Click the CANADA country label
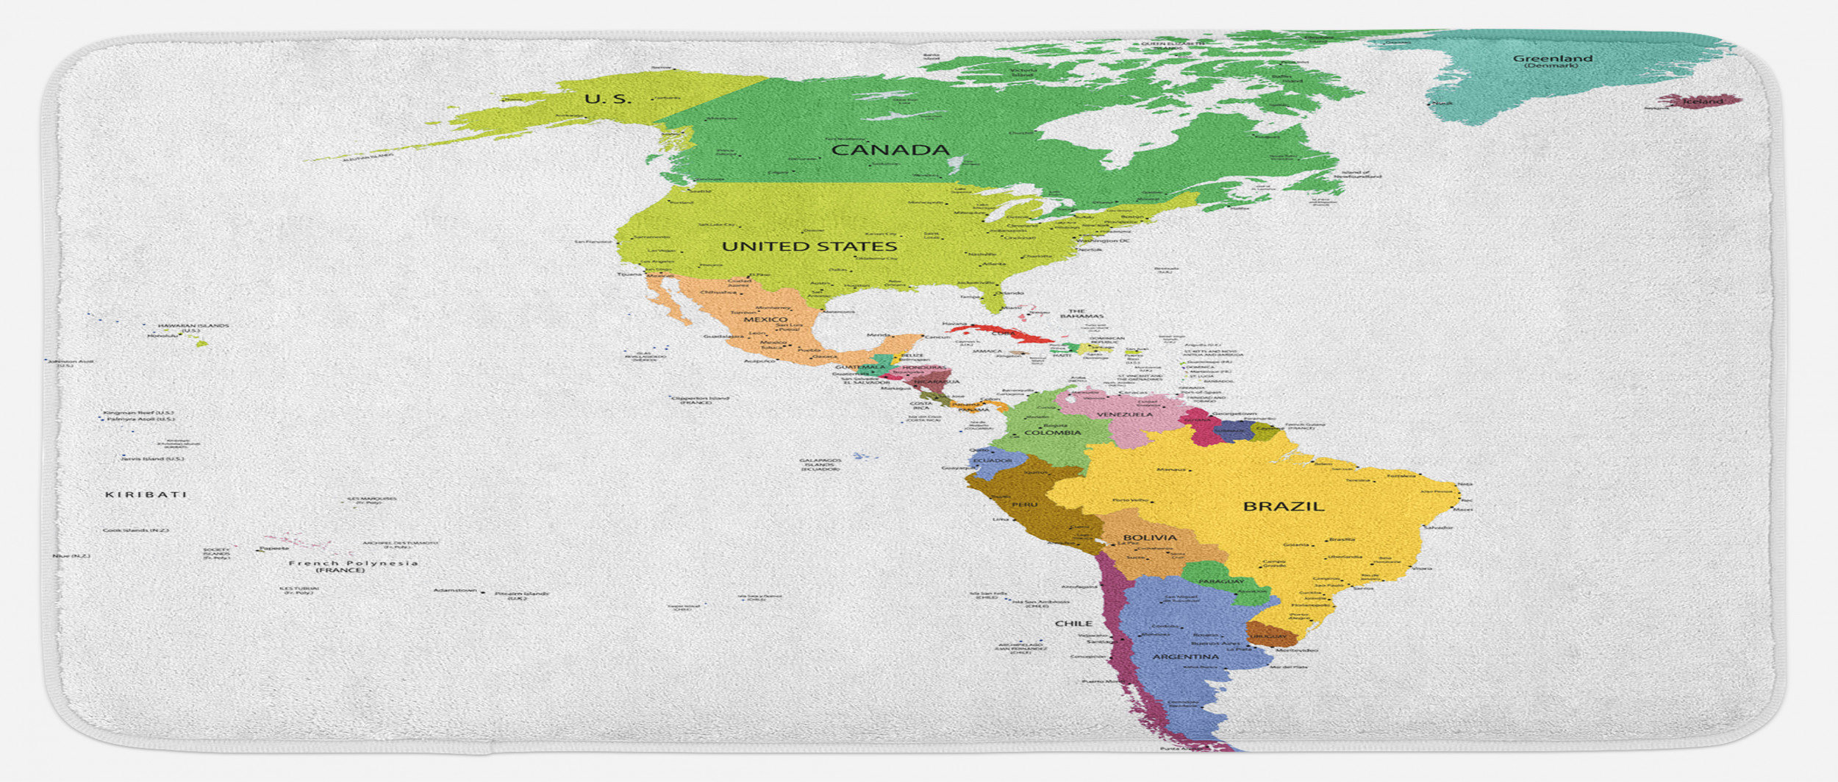[x=890, y=150]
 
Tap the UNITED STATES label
[x=809, y=246]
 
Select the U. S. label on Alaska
[x=607, y=99]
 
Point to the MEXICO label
[x=765, y=320]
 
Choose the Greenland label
[x=1552, y=59]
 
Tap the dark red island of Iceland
[x=1700, y=101]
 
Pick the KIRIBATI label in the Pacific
[x=146, y=494]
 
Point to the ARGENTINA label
[x=1185, y=657]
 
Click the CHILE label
[x=1073, y=623]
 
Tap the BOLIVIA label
[x=1150, y=538]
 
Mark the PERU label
[x=1024, y=505]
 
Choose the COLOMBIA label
[x=1053, y=433]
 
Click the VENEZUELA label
[x=1125, y=415]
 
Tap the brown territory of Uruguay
[x=1270, y=634]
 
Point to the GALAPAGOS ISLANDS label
[x=820, y=465]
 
